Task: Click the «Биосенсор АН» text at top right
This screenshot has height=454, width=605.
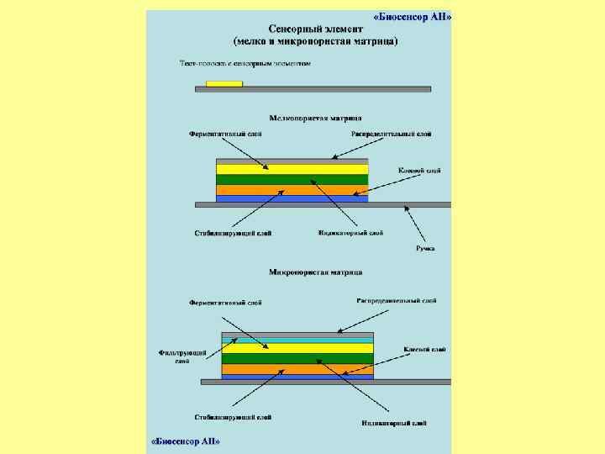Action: (x=413, y=16)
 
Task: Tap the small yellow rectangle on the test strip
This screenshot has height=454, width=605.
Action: (x=224, y=83)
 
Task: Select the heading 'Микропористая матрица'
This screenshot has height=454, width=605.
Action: (x=316, y=272)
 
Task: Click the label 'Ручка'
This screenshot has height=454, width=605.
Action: (x=425, y=248)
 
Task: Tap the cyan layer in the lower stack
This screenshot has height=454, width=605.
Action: (x=297, y=340)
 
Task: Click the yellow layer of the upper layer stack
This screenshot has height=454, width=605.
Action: (x=292, y=169)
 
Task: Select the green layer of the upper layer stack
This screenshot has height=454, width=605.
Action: (x=292, y=179)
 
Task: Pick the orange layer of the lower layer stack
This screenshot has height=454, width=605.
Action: (x=297, y=368)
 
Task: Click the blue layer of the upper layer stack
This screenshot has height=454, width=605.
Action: (x=292, y=198)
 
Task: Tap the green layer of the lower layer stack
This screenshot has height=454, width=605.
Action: (x=297, y=358)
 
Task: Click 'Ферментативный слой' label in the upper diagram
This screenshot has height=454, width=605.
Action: (x=225, y=134)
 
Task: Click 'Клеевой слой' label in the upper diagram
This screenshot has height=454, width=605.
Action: (x=419, y=171)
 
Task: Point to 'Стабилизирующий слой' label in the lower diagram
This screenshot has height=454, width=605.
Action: (x=233, y=416)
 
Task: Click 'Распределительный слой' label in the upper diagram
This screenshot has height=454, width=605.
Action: (x=392, y=134)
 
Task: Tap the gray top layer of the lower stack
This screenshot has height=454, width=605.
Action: (x=297, y=334)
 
